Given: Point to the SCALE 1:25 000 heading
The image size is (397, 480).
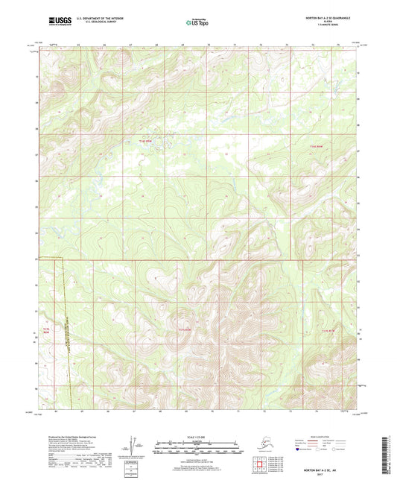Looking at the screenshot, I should pyautogui.click(x=197, y=437).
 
